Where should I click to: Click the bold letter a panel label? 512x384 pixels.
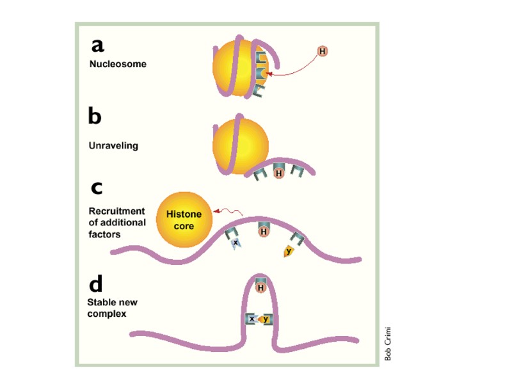97,45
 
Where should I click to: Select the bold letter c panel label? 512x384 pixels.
97,188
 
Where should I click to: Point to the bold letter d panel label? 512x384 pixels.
96,284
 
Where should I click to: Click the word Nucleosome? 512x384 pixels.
118,64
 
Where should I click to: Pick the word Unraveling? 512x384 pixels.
113,145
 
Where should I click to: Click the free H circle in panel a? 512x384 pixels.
323,51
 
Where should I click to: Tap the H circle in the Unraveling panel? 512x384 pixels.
278,173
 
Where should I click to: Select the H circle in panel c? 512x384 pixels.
263,232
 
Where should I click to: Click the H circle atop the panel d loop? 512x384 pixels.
261,288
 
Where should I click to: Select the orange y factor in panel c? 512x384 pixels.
289,251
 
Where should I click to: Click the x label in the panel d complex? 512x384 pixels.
252,319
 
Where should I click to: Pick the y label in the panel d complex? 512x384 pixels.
266,319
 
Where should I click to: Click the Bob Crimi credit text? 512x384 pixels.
388,344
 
